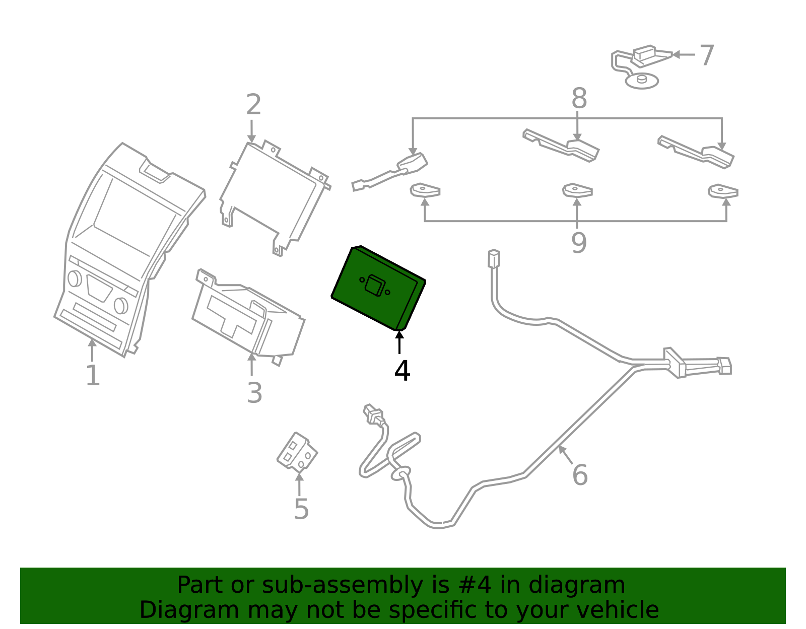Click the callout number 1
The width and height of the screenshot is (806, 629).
(x=93, y=375)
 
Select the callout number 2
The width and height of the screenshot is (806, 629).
(x=254, y=104)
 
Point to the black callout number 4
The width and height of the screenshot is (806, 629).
(x=402, y=370)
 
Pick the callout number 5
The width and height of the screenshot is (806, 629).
(x=301, y=509)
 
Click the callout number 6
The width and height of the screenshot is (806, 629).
(x=580, y=475)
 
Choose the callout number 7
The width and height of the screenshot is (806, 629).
(x=707, y=55)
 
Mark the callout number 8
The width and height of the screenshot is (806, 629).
(x=579, y=98)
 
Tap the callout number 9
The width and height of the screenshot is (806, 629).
(x=579, y=243)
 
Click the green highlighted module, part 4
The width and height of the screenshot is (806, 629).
(x=378, y=288)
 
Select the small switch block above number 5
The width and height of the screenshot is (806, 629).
(x=297, y=453)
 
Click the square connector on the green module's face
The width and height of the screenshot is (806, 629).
(x=375, y=286)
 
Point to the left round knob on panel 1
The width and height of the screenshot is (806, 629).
(x=75, y=278)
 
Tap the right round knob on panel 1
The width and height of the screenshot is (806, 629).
(x=121, y=305)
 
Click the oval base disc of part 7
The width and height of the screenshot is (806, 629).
(x=642, y=81)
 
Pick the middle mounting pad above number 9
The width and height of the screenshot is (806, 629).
(x=577, y=190)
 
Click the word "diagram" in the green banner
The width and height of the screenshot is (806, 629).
(x=577, y=585)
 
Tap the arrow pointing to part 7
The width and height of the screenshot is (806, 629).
(x=684, y=55)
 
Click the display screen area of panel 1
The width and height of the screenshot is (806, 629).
(x=135, y=217)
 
